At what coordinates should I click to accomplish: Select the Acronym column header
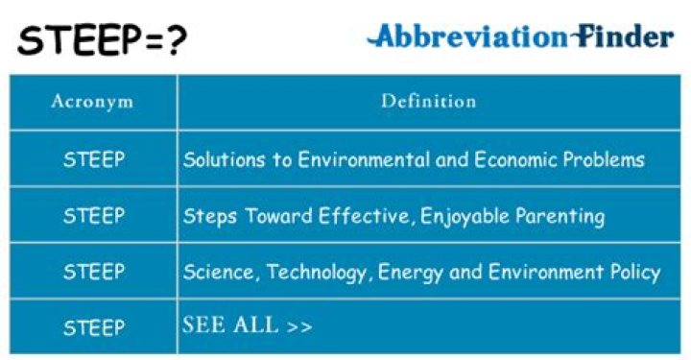point(92,100)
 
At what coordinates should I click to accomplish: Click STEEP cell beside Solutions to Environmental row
point(93,159)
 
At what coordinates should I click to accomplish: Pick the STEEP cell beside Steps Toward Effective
point(93,215)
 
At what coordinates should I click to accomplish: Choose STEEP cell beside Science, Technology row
point(93,272)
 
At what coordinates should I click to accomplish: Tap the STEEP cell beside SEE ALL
point(93,327)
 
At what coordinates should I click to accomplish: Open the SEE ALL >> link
point(247,325)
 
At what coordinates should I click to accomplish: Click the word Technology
point(318,272)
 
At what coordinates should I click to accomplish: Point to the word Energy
point(411,272)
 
